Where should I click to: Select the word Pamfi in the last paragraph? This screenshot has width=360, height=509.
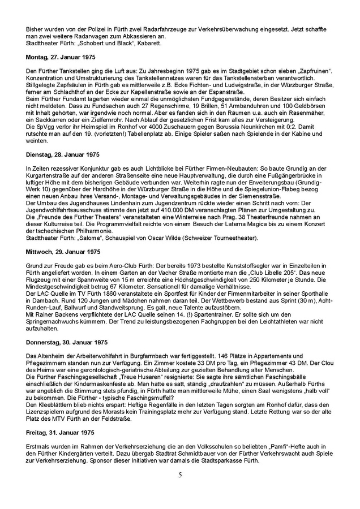tap(272, 445)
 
